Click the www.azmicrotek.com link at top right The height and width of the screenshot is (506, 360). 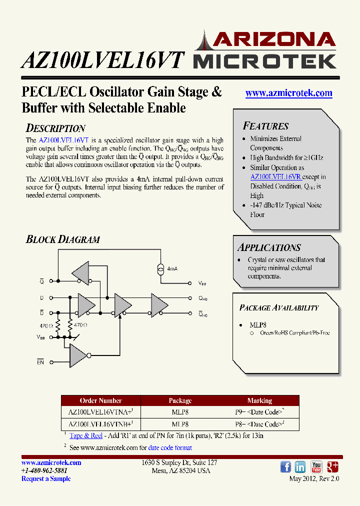pos(288,93)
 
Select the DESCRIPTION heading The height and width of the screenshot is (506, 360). pos(55,128)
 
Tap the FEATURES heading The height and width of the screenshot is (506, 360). pos(265,126)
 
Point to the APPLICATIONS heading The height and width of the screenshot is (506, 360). pos(269,247)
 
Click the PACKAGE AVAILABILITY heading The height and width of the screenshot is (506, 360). pos(278,308)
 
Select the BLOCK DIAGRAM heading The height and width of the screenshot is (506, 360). pos(62,239)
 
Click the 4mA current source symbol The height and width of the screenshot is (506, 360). pos(161,268)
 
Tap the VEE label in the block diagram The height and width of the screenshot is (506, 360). pos(202,283)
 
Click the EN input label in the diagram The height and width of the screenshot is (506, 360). pos(40,362)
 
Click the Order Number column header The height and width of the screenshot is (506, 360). pos(100,400)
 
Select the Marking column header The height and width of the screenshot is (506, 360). pos(259,400)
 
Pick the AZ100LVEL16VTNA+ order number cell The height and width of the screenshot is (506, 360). pos(100,412)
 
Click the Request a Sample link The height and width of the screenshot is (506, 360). pos(46,478)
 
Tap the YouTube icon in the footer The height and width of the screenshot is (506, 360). pos(316,467)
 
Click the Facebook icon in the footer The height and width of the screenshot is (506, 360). pos(285,467)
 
